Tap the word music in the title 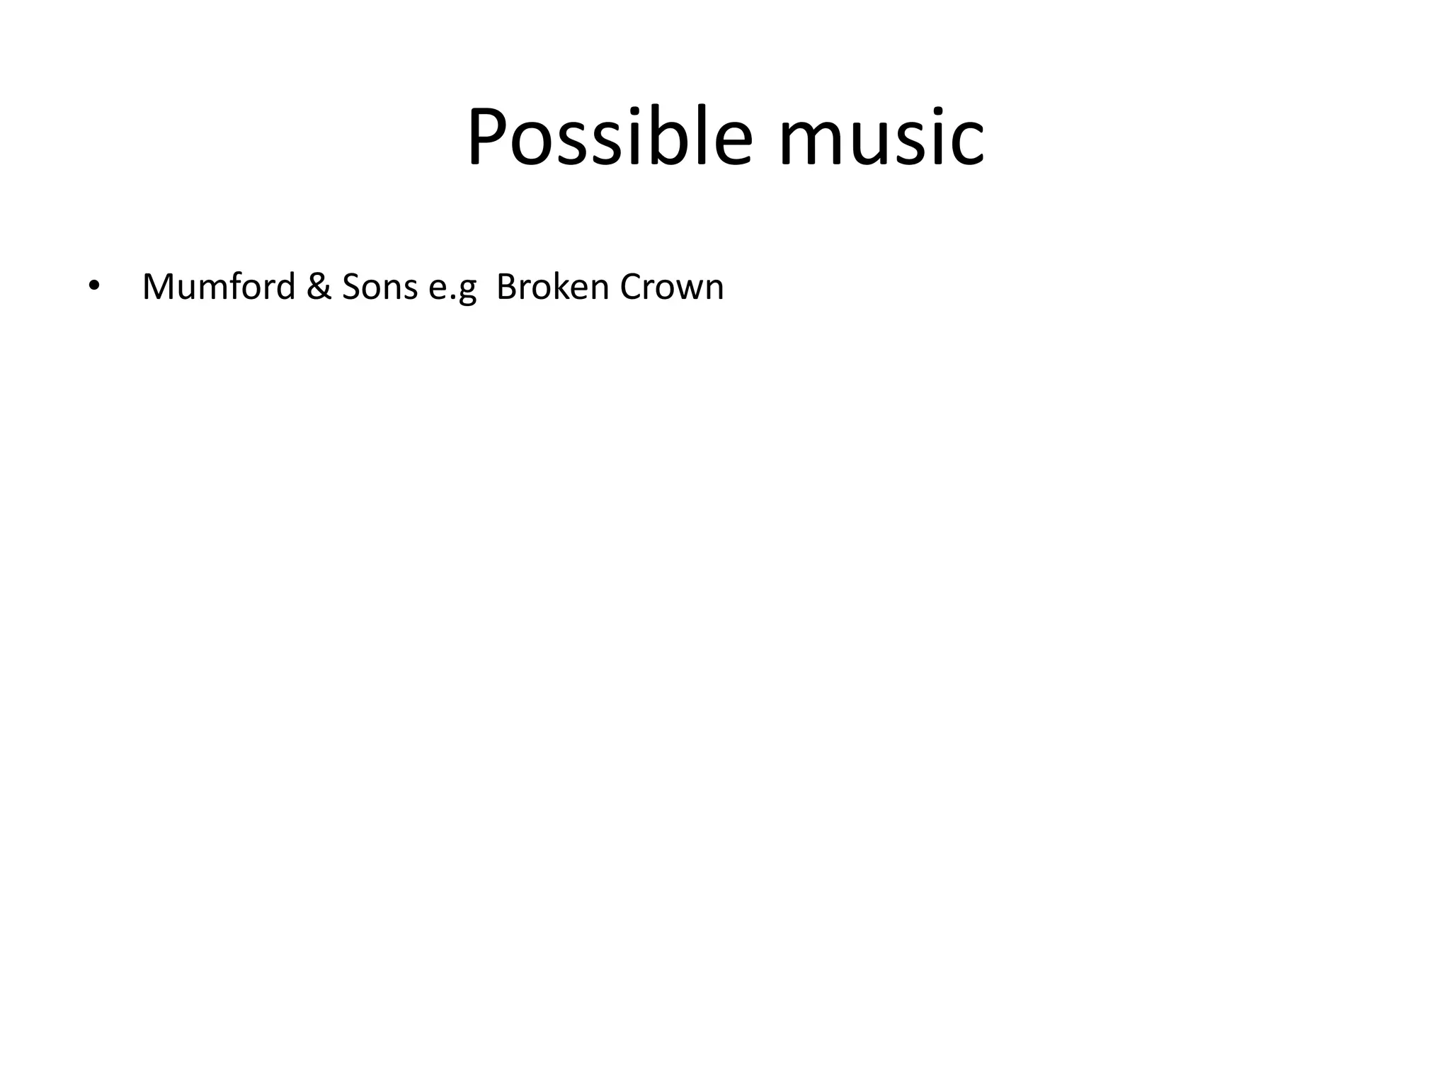[x=881, y=137]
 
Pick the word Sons [x=379, y=287]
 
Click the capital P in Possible [x=489, y=137]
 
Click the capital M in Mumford [x=158, y=287]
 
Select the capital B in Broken [x=506, y=287]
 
